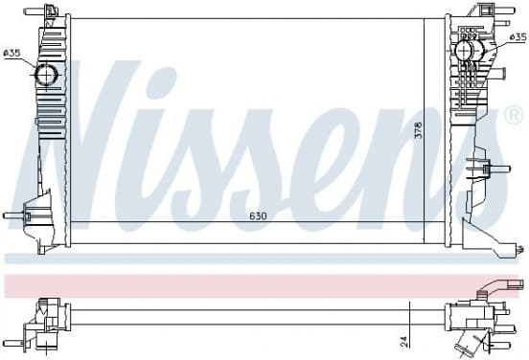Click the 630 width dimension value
[x=258, y=215]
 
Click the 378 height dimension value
[x=418, y=130]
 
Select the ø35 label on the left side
[x=12, y=53]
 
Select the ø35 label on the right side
[x=517, y=36]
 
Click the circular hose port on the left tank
[x=46, y=75]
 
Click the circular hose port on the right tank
[x=465, y=51]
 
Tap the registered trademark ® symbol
[x=516, y=116]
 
